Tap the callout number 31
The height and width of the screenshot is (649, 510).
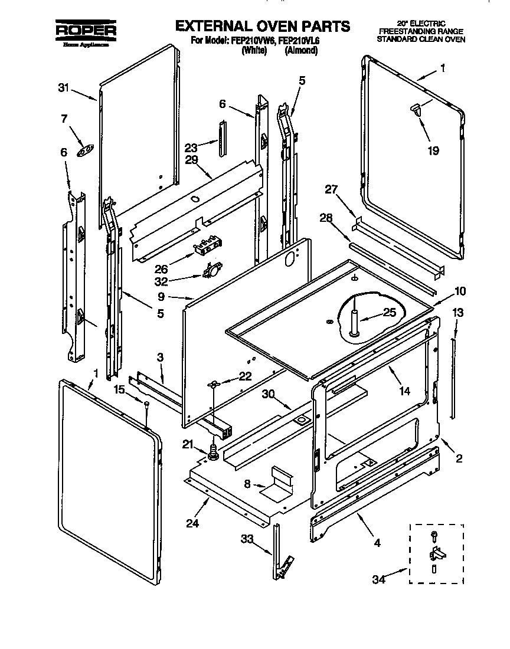(64, 88)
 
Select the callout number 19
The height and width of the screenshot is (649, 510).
(433, 150)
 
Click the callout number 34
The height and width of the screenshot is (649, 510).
(378, 580)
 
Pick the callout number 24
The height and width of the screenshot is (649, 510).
(191, 522)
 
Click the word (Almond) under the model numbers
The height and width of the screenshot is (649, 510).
(301, 51)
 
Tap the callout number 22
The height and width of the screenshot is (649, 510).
(245, 376)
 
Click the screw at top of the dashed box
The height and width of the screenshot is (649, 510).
(434, 535)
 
